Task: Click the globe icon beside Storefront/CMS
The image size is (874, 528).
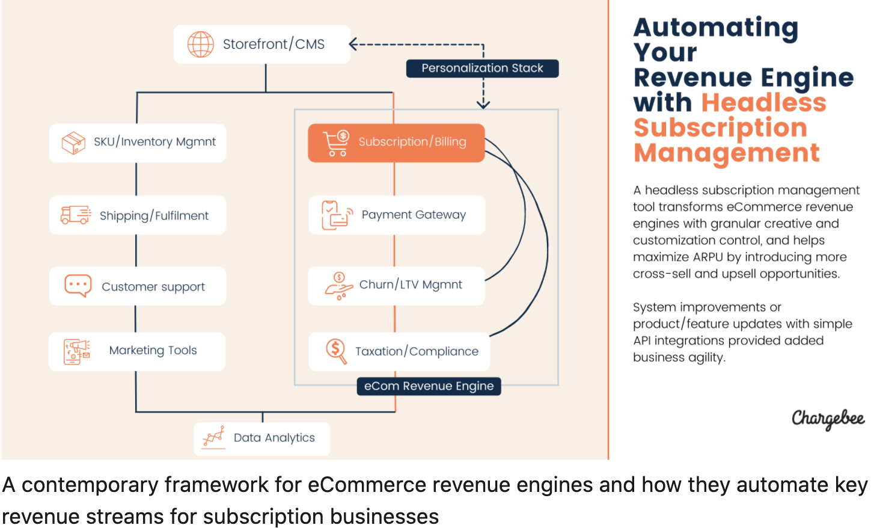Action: click(x=200, y=45)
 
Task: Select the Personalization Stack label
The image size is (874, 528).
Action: click(x=482, y=69)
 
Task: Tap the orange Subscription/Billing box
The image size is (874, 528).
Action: click(x=396, y=143)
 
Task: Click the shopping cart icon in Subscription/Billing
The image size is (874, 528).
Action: click(x=336, y=143)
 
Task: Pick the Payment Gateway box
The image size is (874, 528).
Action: click(x=397, y=215)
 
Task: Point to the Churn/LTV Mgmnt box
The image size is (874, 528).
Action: click(x=396, y=285)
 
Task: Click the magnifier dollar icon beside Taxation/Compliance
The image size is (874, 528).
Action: click(x=336, y=351)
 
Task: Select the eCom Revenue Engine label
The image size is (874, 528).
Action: click(x=429, y=386)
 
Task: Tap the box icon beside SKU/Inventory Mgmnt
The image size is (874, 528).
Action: click(x=73, y=143)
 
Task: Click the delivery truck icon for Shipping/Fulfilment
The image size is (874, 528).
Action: click(x=76, y=215)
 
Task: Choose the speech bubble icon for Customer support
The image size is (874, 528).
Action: click(x=78, y=286)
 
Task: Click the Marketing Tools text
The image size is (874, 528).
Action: click(x=153, y=351)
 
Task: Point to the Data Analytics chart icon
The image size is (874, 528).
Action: click(x=213, y=437)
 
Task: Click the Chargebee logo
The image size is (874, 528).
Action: click(x=828, y=419)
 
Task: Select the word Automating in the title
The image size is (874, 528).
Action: click(x=715, y=28)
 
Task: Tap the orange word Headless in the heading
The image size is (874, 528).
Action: click(x=763, y=103)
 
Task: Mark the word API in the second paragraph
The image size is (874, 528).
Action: click(x=642, y=341)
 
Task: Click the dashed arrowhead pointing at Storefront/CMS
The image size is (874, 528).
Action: click(x=353, y=45)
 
